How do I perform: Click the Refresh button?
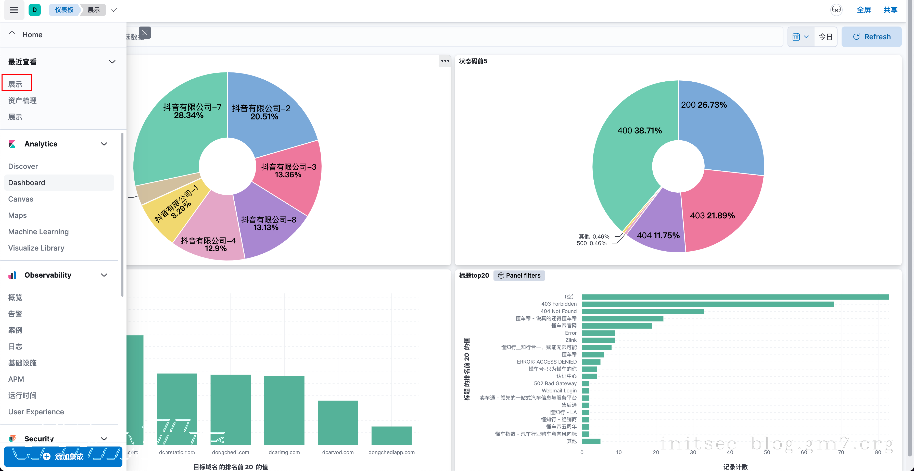[871, 37]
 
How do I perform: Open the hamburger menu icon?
[14, 10]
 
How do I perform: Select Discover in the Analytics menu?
[23, 166]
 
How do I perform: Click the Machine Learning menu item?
[38, 232]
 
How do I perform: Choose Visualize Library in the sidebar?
[36, 248]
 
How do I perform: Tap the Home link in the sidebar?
[32, 35]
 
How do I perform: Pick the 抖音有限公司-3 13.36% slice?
[287, 178]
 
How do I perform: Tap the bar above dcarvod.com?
[338, 422]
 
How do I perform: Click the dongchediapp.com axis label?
[391, 452]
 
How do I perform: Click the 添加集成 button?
[63, 456]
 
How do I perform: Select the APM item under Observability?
[16, 379]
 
